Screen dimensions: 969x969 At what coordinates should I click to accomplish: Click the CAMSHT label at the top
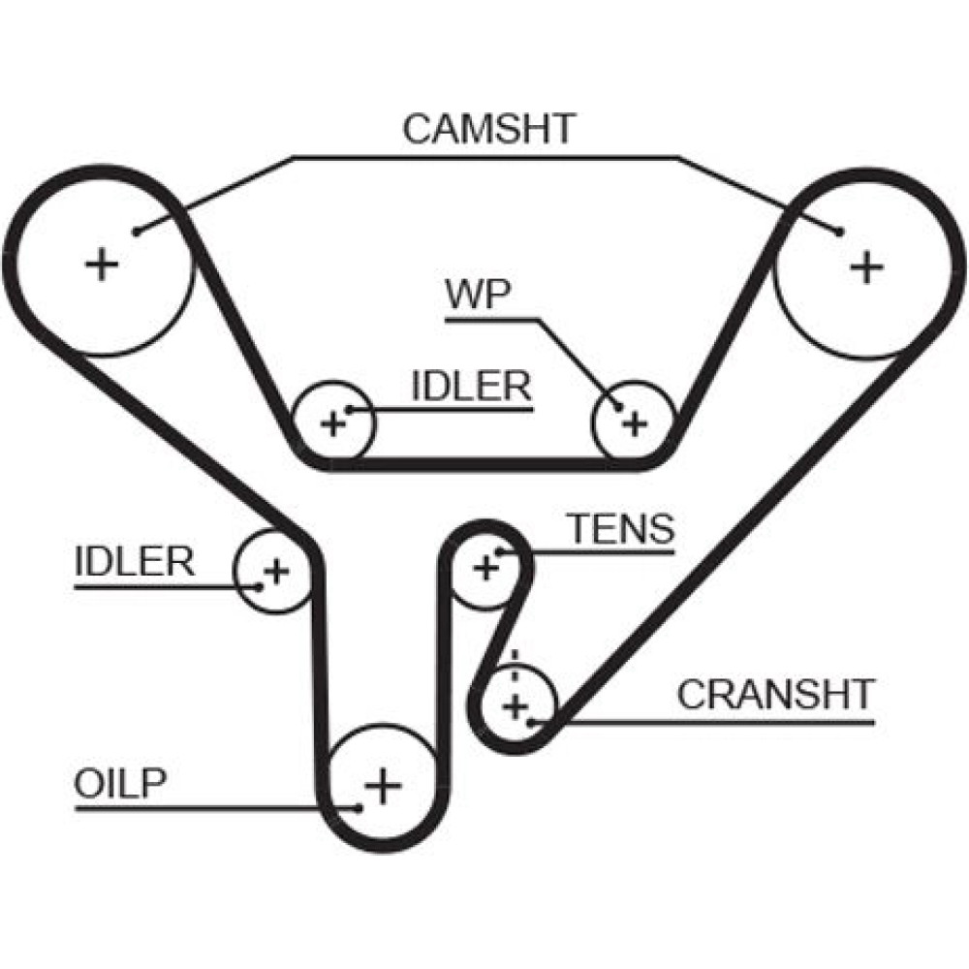[x=488, y=129]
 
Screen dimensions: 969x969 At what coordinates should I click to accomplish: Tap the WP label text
[x=477, y=295]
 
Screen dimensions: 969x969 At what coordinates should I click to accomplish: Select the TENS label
[x=620, y=529]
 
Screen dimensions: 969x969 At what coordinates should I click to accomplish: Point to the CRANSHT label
[x=775, y=694]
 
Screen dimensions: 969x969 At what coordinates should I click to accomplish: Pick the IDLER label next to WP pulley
[x=472, y=387]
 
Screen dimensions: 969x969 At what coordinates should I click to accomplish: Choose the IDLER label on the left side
[x=135, y=561]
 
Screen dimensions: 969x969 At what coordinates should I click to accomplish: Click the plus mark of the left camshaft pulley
[x=101, y=264]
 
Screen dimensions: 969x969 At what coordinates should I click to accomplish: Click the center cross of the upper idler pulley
[x=333, y=423]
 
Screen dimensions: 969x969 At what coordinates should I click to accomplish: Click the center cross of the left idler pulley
[x=276, y=571]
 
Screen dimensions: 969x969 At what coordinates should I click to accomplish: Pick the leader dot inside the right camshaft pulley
[x=839, y=231]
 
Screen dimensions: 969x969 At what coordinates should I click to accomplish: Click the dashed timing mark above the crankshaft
[x=516, y=665]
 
